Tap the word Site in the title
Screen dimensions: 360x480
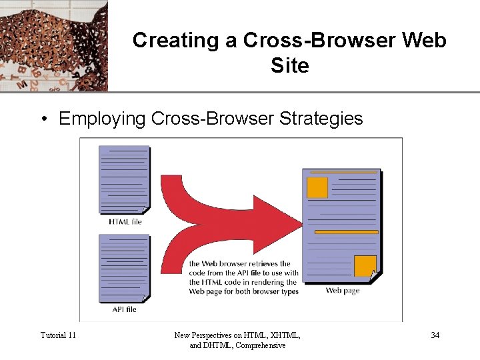point(290,65)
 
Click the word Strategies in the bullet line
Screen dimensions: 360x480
point(321,119)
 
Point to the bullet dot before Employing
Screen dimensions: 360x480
point(43,119)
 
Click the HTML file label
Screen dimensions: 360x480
point(125,221)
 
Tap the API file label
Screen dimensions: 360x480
point(125,309)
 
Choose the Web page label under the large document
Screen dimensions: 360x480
point(343,290)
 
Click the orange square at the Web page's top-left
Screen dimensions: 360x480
point(317,187)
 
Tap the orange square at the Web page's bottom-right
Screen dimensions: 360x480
point(365,266)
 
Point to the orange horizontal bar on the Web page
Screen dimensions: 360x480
point(346,232)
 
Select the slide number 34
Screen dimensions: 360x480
point(435,335)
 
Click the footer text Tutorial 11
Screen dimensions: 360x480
point(58,335)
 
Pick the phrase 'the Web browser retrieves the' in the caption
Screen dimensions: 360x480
point(239,264)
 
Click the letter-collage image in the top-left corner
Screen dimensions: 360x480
point(53,45)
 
